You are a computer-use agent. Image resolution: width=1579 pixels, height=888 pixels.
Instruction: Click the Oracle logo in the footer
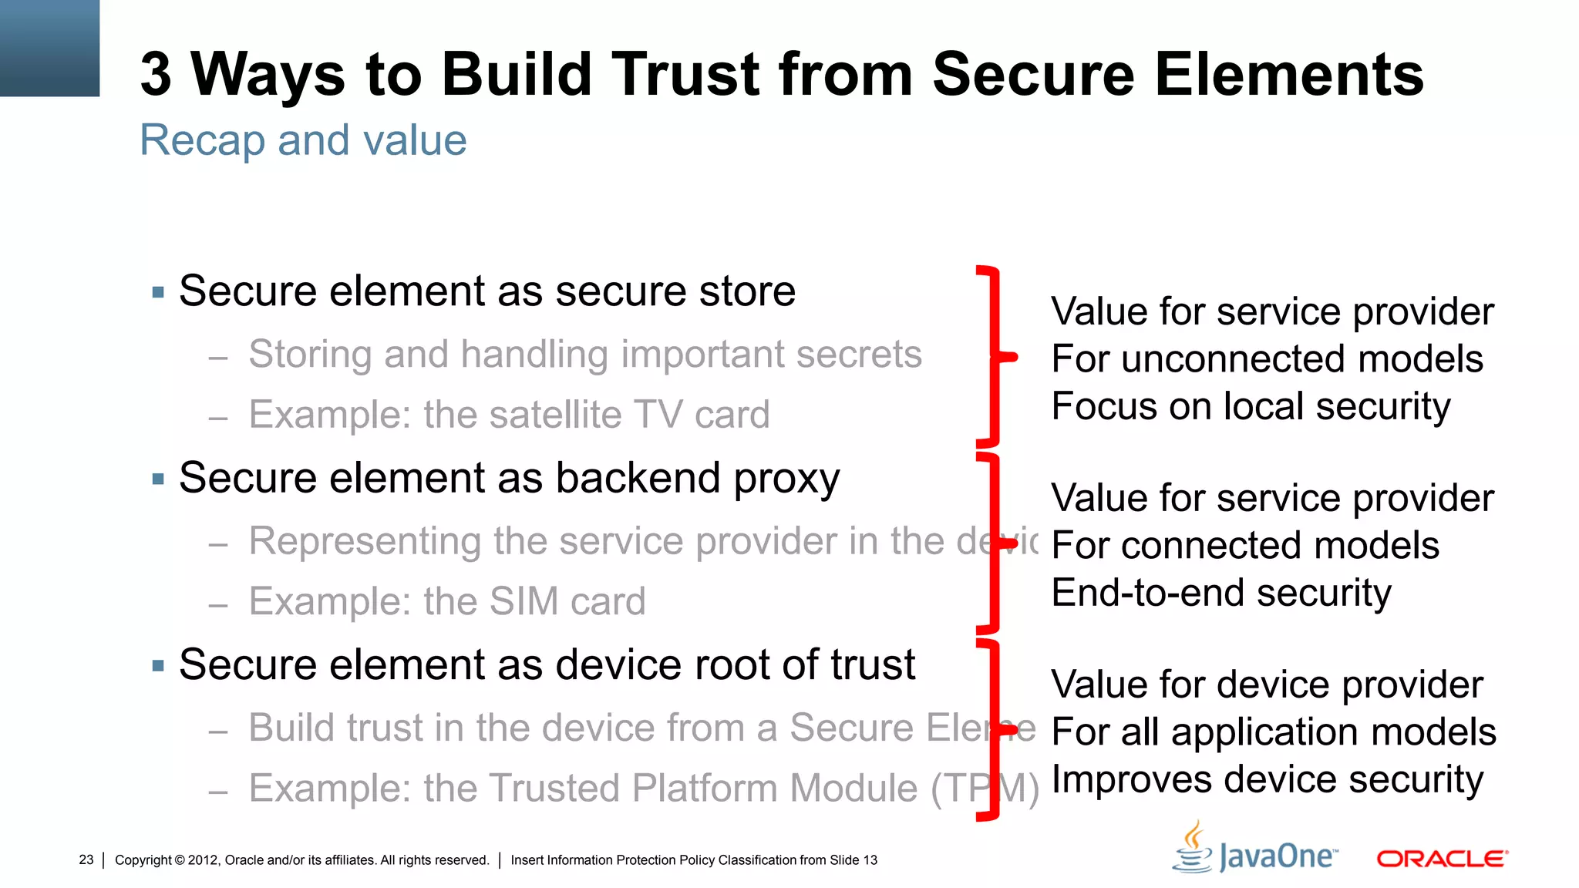coord(1442,859)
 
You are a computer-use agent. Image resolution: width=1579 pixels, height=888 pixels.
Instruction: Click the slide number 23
coord(86,859)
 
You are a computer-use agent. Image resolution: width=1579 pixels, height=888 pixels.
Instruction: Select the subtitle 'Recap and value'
coord(303,140)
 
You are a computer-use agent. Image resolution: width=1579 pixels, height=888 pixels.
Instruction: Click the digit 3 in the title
coord(156,75)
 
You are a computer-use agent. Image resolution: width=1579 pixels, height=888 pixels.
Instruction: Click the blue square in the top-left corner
coord(49,48)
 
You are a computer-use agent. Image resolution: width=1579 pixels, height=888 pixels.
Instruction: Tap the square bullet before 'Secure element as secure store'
coord(159,292)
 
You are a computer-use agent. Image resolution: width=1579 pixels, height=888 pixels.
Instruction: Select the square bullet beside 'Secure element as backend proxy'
coord(159,479)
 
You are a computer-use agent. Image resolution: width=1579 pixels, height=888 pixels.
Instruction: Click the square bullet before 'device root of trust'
coord(159,666)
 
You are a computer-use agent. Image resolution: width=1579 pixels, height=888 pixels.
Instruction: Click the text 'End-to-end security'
coord(1221,593)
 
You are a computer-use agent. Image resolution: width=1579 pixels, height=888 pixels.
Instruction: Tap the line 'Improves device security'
coord(1267,779)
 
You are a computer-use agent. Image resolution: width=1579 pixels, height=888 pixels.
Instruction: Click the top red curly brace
coord(995,356)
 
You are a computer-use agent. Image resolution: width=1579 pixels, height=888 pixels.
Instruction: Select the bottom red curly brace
coord(995,729)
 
